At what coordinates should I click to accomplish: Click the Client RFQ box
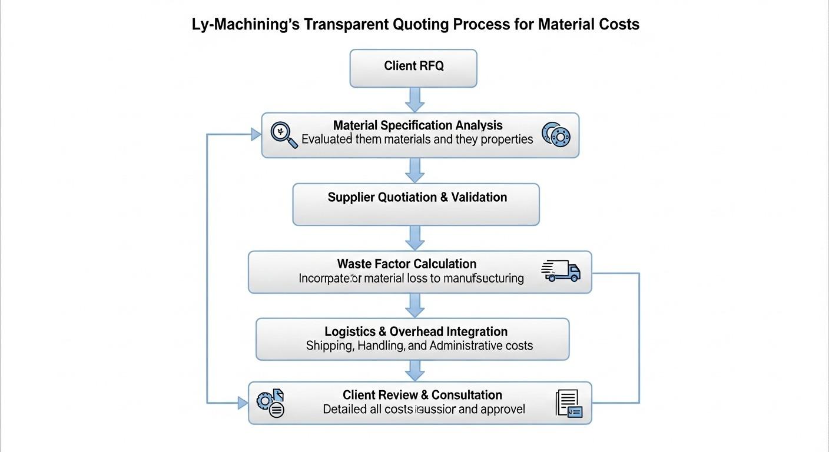(413, 68)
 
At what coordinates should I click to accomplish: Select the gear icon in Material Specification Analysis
(556, 135)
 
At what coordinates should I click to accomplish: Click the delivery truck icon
(561, 271)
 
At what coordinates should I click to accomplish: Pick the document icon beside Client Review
(568, 404)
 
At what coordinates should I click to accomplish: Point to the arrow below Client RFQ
(415, 99)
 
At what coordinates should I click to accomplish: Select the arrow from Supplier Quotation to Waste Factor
(415, 238)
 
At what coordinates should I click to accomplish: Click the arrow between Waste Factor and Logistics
(415, 305)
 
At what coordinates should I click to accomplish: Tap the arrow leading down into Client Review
(415, 370)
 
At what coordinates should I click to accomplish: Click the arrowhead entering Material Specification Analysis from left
(256, 135)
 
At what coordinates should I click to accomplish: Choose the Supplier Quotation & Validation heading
(417, 197)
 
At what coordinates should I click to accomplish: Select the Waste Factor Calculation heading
(407, 264)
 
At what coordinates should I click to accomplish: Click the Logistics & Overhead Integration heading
(416, 331)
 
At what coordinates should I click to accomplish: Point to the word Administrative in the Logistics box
(463, 345)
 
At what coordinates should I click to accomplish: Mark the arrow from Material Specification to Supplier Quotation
(415, 170)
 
